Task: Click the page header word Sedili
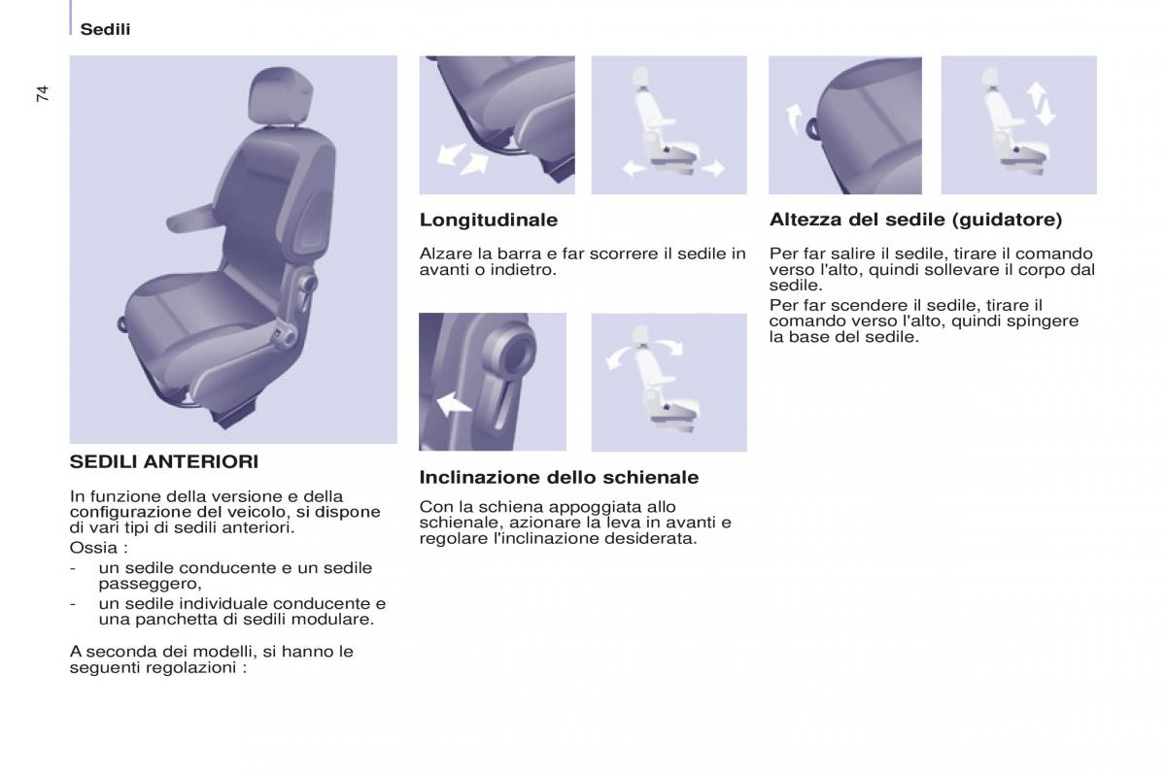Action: [105, 30]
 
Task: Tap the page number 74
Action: [43, 93]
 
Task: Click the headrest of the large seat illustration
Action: [281, 97]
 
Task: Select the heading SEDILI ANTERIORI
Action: [164, 461]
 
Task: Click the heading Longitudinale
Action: [488, 220]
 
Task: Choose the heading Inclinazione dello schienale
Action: [559, 477]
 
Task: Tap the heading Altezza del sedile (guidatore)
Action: [915, 220]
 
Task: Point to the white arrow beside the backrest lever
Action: [453, 404]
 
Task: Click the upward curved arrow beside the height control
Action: [795, 118]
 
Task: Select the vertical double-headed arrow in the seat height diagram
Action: [1041, 104]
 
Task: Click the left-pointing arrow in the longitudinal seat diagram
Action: [634, 168]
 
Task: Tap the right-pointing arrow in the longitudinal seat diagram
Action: [713, 168]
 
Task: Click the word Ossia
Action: [93, 548]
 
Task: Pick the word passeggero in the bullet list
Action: [150, 585]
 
